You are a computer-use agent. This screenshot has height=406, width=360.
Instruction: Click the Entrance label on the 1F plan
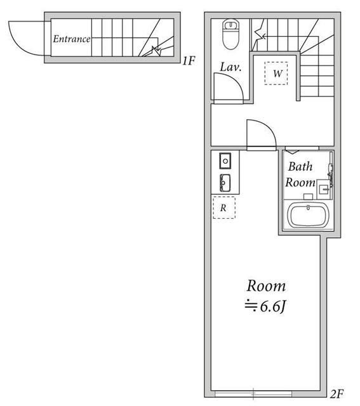pos(71,39)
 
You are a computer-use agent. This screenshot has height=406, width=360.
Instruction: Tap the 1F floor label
pos(187,62)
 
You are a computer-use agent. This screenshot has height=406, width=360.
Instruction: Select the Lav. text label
pos(229,67)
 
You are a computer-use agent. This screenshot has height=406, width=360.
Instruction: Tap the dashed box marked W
pos(277,74)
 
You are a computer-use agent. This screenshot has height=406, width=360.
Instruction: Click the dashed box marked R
pos(223,207)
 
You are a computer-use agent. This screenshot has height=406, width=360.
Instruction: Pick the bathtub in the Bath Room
pos(307,214)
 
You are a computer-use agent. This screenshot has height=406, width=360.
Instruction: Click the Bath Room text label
pos(300,175)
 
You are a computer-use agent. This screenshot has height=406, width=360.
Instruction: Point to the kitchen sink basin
pos(224,183)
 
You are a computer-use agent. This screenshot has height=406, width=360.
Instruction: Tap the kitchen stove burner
pos(224,159)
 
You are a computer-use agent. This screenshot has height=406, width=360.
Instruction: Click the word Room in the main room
pos(265,285)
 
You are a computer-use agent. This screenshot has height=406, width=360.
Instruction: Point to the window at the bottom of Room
pos(254,391)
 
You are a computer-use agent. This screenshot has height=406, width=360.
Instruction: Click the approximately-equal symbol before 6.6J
pos(251,306)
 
